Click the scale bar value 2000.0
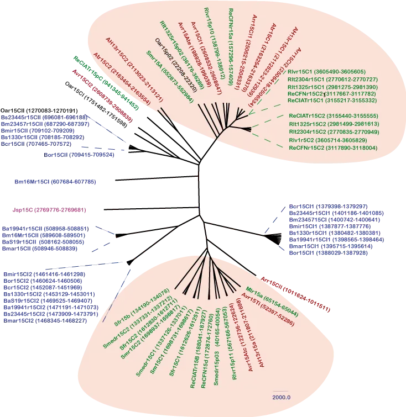pos(282,397)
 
